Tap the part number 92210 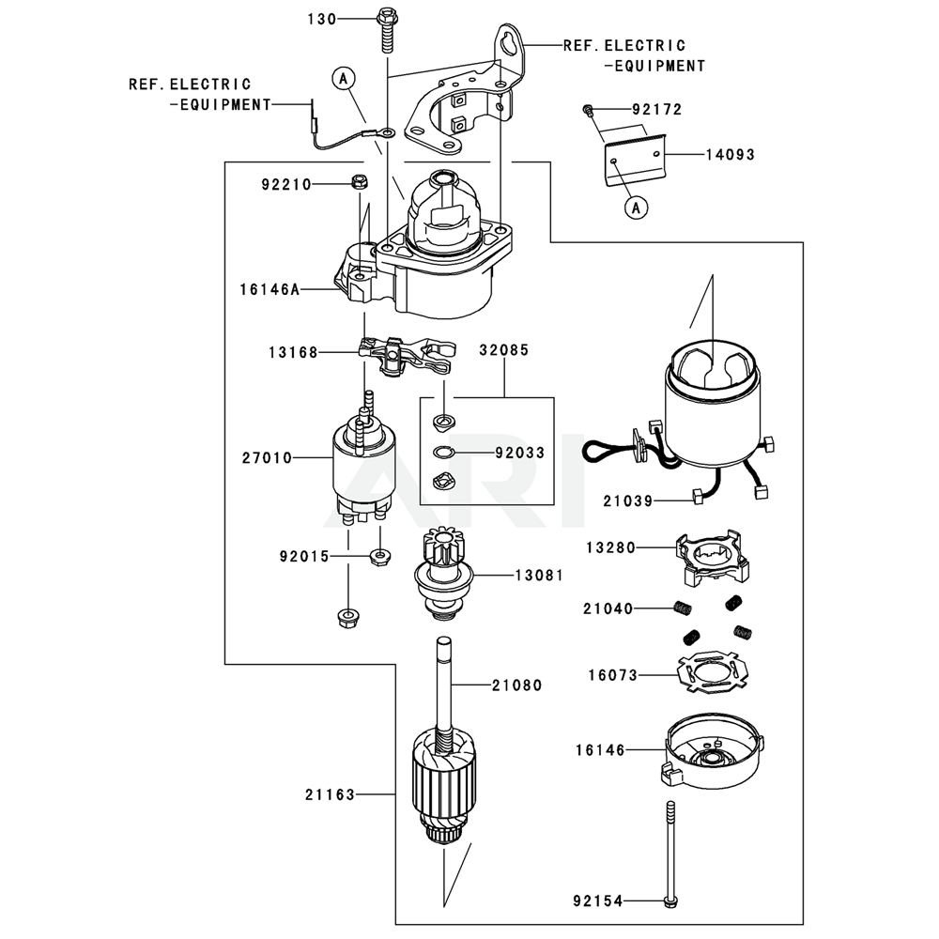pyautogui.click(x=286, y=185)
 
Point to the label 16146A pyautogui.click(x=269, y=290)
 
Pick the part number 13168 pyautogui.click(x=286, y=352)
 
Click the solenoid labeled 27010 pyautogui.click(x=361, y=465)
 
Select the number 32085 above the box pyautogui.click(x=503, y=350)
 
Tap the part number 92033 pyautogui.click(x=519, y=453)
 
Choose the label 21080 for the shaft pyautogui.click(x=516, y=685)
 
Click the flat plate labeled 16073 pyautogui.click(x=713, y=674)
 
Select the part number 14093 pyautogui.click(x=730, y=154)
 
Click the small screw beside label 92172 pyautogui.click(x=587, y=110)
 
